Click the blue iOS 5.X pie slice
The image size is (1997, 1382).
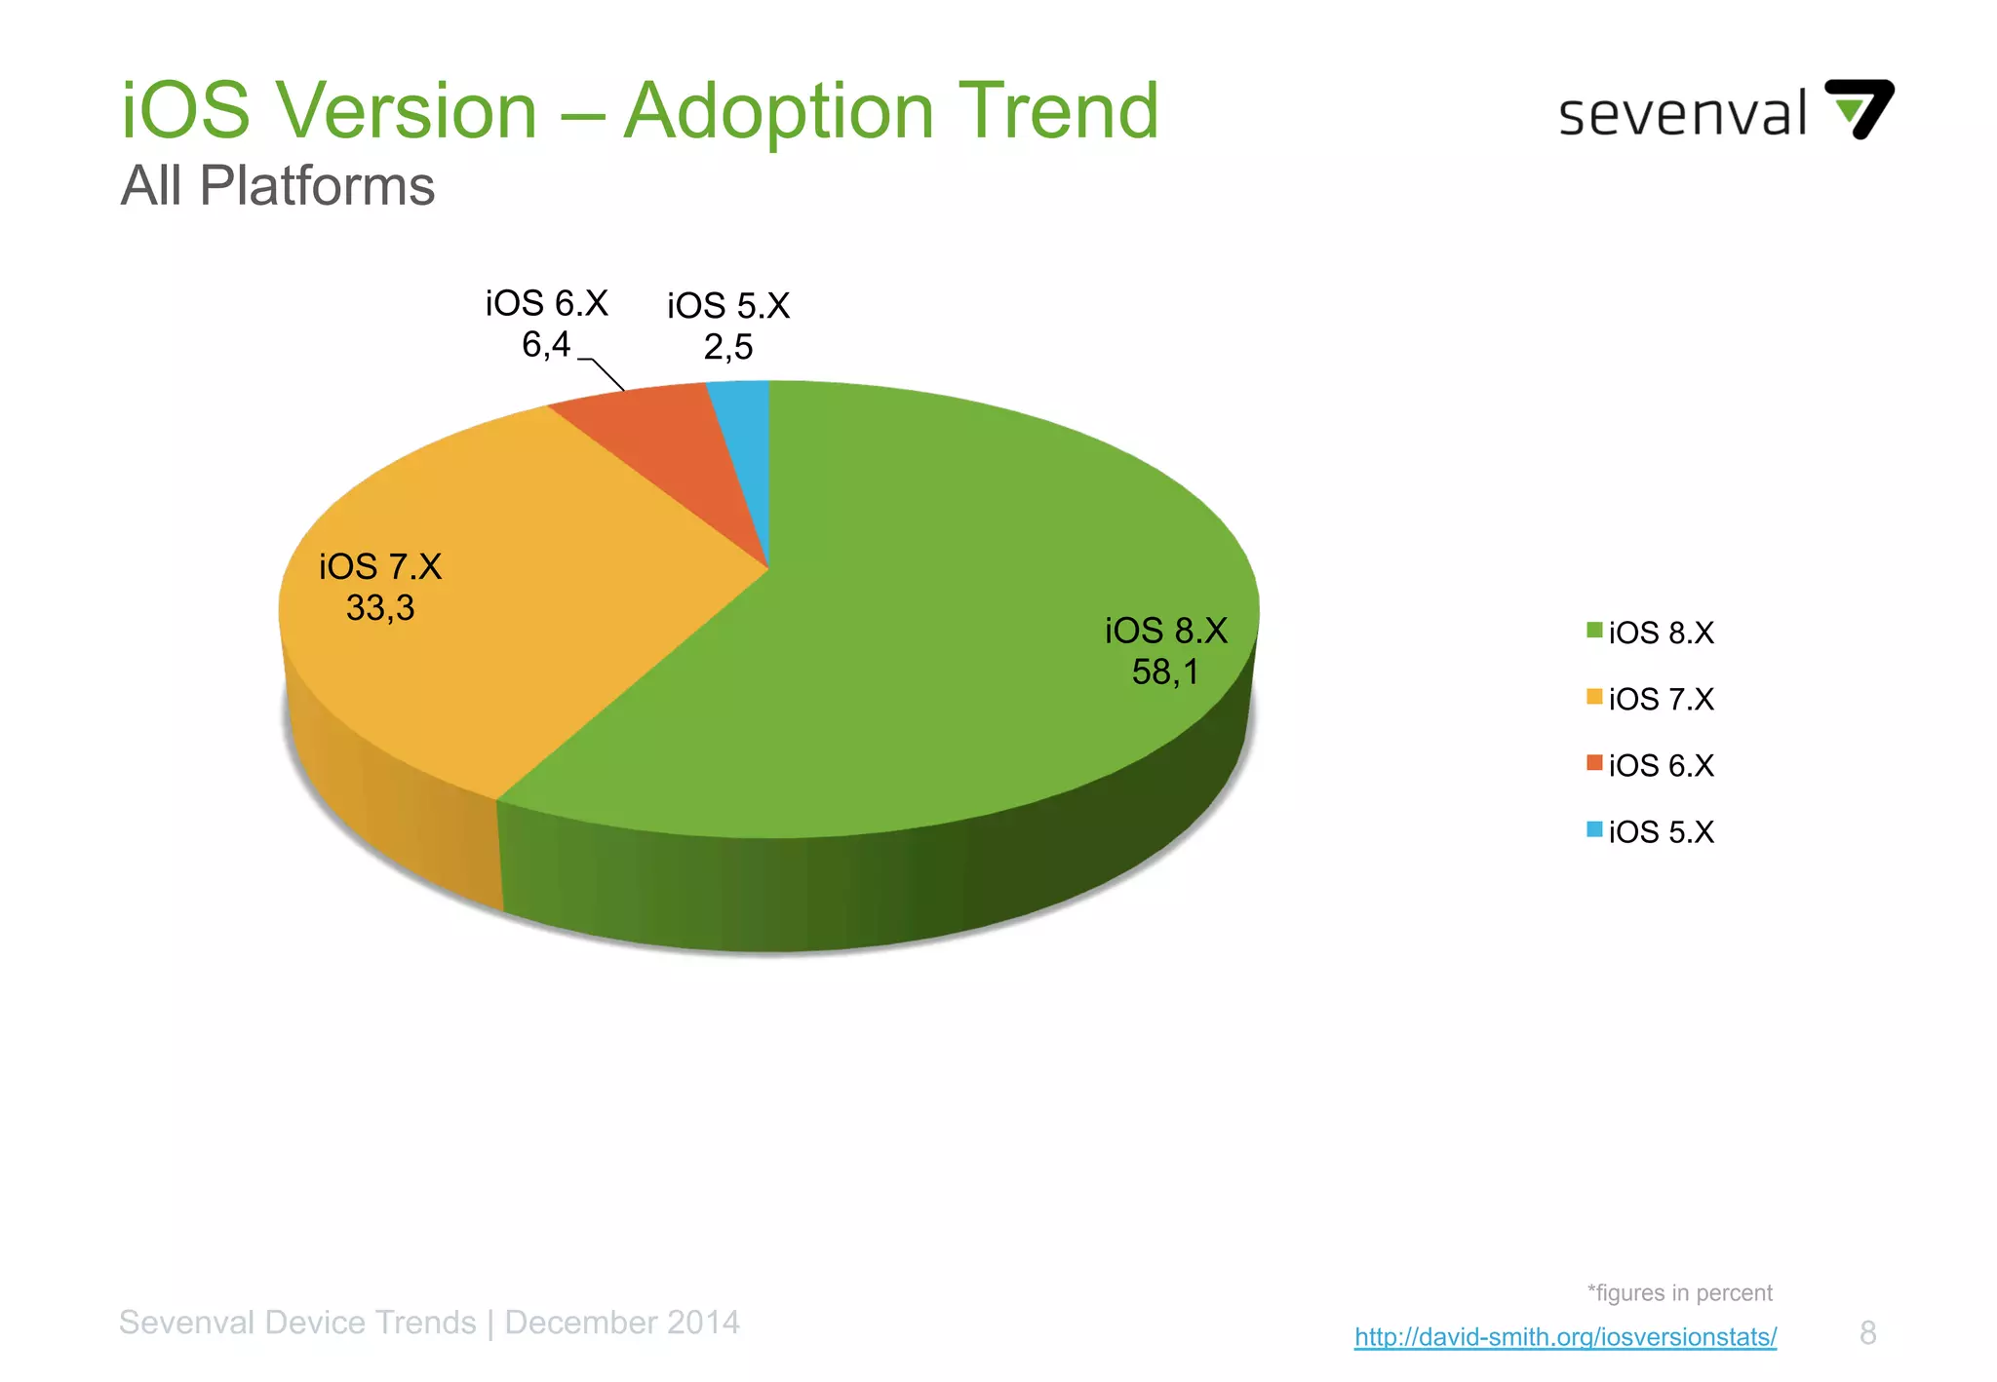tap(747, 439)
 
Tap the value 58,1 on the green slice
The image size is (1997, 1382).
tap(1164, 672)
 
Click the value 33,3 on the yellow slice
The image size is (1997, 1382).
tap(380, 608)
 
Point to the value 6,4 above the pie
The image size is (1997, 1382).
tap(546, 344)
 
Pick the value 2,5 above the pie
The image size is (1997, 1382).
tap(728, 347)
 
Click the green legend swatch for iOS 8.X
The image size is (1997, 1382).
tap(1594, 631)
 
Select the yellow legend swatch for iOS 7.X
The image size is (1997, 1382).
tap(1594, 697)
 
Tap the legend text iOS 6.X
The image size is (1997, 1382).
tap(1661, 766)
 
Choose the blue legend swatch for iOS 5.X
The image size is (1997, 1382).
tap(1594, 829)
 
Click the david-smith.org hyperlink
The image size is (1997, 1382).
tap(1565, 1336)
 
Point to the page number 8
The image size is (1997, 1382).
tap(1867, 1332)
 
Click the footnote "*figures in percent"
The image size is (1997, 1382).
tap(1679, 1293)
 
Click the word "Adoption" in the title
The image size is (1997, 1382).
tap(777, 112)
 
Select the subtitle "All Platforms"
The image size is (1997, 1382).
tap(278, 185)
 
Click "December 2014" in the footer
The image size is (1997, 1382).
tap(622, 1323)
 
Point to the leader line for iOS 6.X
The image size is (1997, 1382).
tap(607, 374)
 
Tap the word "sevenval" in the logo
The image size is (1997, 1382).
tap(1683, 115)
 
